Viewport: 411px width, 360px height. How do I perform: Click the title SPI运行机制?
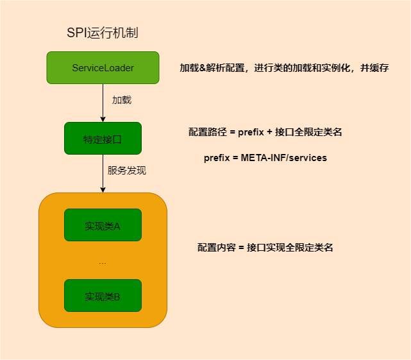click(103, 33)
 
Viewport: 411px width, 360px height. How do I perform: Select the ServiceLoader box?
click(103, 68)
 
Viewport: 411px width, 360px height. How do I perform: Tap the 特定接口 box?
click(103, 139)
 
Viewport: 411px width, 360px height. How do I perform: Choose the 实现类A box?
click(103, 225)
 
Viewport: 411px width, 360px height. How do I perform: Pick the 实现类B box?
click(103, 296)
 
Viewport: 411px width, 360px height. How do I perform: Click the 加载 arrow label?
click(122, 101)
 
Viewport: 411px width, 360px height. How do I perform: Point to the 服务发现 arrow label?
click(127, 171)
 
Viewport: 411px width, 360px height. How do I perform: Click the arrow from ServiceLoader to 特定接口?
click(103, 103)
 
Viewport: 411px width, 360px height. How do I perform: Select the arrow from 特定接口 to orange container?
click(103, 173)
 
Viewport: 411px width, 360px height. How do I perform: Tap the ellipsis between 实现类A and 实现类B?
click(103, 262)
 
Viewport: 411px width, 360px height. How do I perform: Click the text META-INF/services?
click(284, 158)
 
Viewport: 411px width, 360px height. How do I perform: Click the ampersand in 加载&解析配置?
click(203, 68)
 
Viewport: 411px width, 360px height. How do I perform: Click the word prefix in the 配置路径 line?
click(249, 132)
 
